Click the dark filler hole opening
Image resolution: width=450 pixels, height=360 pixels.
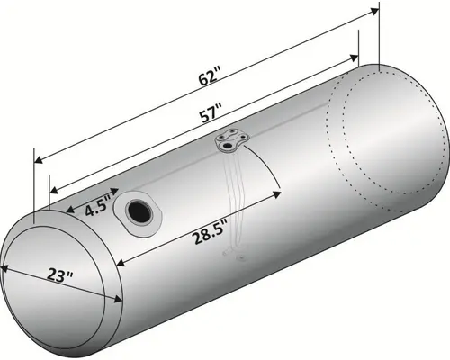140,211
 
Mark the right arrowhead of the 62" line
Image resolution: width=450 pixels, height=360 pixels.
373,13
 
